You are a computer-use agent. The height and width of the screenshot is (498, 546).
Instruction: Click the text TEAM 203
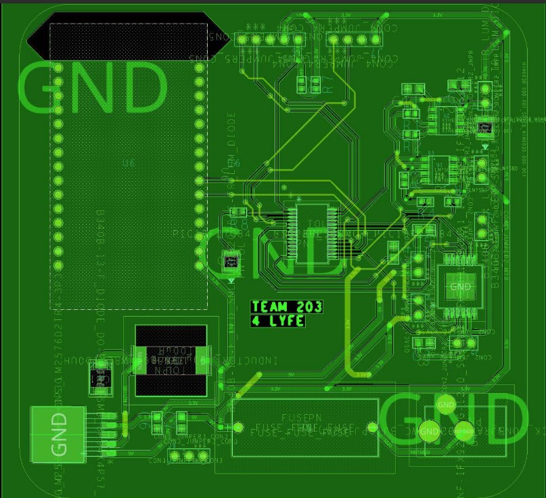pos(287,307)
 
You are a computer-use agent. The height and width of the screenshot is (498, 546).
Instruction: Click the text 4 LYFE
pos(278,321)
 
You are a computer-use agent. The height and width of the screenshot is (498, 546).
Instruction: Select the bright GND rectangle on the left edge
pos(58,434)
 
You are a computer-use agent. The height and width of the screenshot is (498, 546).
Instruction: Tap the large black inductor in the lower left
pos(170,361)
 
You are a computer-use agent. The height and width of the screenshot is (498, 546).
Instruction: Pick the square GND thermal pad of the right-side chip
pos(459,287)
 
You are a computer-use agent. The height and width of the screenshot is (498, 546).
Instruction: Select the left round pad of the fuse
pos(238,427)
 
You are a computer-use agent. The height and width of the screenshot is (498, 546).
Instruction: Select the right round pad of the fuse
pos(371,427)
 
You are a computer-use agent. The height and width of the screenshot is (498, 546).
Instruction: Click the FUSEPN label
pos(304,418)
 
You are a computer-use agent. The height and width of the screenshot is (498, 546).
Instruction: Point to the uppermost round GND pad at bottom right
pos(446,405)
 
